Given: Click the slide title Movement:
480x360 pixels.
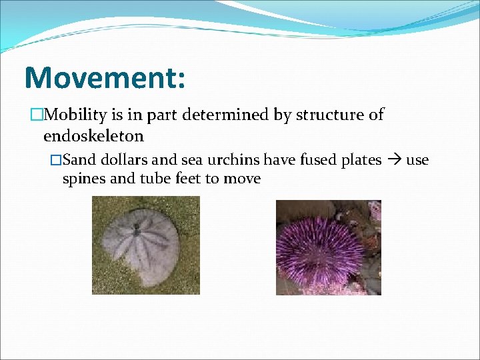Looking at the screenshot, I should click(x=105, y=77).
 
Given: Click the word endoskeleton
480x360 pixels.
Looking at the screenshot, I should click(x=93, y=136).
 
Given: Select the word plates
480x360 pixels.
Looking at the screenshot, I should click(x=360, y=160).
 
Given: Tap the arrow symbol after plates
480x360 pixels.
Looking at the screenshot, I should click(x=394, y=161).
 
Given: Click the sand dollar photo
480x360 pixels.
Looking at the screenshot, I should click(x=145, y=245).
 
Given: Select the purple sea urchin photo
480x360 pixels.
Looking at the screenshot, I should click(x=328, y=247).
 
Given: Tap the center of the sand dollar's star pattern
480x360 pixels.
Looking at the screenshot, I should click(x=137, y=233).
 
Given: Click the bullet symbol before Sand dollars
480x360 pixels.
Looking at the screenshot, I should click(x=56, y=161).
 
